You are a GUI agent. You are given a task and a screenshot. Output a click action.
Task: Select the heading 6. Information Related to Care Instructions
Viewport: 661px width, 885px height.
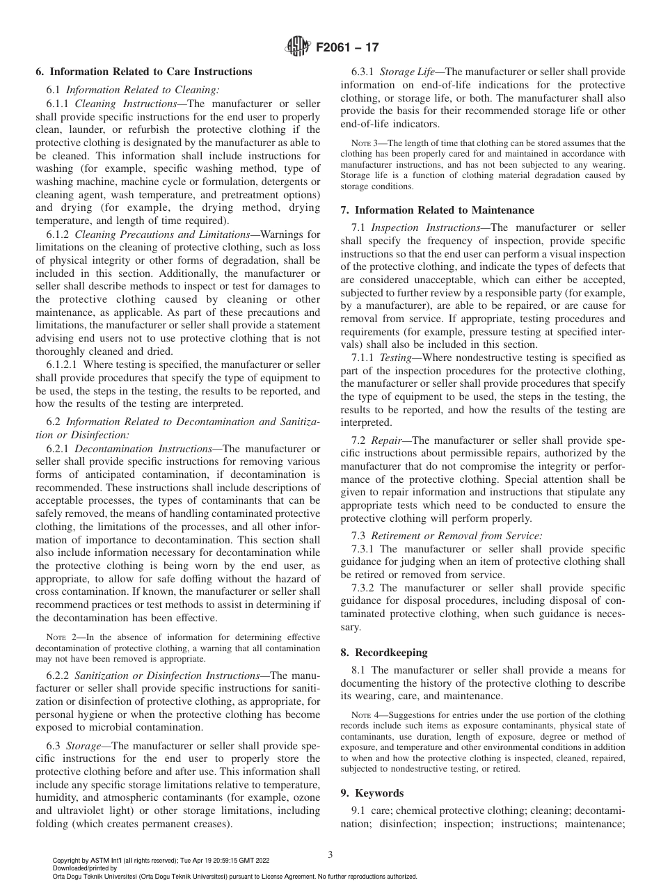143,72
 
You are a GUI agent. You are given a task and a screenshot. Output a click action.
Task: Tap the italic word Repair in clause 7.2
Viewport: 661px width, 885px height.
386,440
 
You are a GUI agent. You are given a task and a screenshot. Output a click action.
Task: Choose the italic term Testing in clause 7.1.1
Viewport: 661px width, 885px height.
395,357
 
